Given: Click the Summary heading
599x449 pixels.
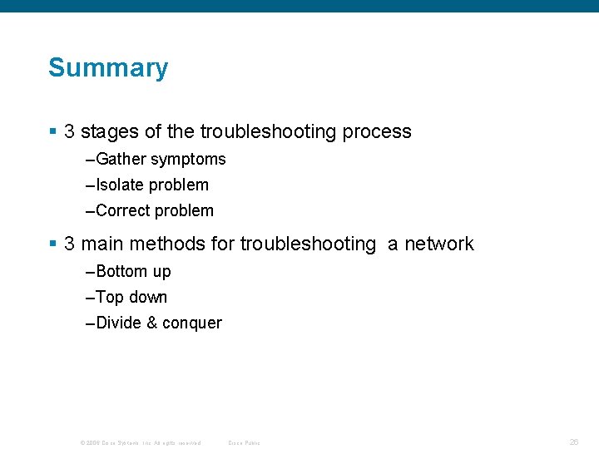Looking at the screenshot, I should pos(108,68).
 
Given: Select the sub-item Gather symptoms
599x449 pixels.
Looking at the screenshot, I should pos(161,159).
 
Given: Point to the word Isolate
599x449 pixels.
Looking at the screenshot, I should pos(120,185).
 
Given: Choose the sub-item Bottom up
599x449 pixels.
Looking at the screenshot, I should pos(133,271).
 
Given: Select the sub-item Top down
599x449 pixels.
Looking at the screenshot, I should pos(131,297).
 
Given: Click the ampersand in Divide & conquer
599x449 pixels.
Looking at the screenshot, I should pos(151,323).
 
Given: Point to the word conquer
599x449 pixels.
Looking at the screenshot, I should pos(192,323).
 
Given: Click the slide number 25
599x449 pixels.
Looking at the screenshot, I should pos(574,442).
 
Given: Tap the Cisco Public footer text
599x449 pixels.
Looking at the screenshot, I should pos(244,442).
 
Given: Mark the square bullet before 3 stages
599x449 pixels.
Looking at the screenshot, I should pos(53,131).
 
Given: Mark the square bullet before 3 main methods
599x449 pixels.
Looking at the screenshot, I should pos(53,244).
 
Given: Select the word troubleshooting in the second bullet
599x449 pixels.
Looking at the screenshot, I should pos(308,244).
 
